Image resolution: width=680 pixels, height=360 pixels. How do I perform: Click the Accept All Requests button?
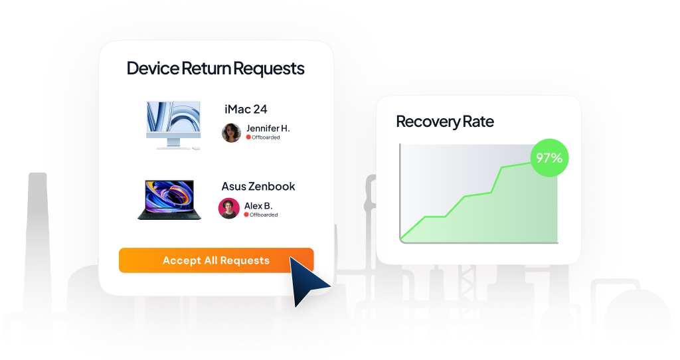coord(216,260)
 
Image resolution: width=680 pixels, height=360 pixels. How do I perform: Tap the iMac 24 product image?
coord(172,124)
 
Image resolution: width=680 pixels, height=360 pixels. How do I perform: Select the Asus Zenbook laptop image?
coord(166,199)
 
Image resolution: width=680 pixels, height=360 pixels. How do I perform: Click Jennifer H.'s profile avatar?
coord(231,132)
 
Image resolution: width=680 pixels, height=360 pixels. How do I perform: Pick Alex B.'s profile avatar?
coord(228,209)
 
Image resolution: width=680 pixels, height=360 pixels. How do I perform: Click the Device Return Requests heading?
coord(215,68)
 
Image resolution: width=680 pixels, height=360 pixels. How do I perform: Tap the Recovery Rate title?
coord(445,122)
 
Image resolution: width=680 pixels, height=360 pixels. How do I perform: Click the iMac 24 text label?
coord(246,109)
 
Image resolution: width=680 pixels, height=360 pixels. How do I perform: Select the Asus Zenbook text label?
coord(258,187)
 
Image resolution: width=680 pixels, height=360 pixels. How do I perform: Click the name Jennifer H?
coord(268,128)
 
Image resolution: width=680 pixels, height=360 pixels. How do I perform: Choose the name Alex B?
coord(258,205)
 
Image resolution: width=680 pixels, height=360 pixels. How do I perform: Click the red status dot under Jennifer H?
coord(248,137)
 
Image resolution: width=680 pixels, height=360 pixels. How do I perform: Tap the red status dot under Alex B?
coord(246,215)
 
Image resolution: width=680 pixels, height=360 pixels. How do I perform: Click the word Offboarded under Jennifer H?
coord(266,137)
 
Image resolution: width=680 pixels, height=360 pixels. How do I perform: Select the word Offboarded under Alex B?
coord(264,215)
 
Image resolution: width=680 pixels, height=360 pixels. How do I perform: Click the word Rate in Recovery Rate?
coord(479,122)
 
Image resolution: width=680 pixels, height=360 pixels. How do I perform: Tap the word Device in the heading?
coord(151,68)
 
